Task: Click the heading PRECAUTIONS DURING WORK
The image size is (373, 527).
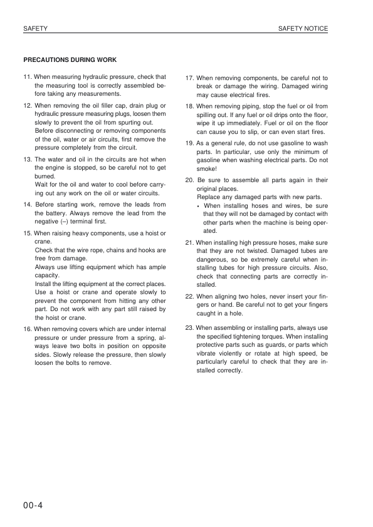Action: tap(70, 60)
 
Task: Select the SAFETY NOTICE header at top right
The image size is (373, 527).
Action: tap(303, 29)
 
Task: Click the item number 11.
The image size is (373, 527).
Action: tap(28, 77)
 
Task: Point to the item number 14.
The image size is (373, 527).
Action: tap(28, 205)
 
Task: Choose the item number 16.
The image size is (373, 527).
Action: tap(28, 329)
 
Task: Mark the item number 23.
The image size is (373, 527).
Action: tap(191, 327)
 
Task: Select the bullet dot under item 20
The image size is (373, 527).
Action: tap(198, 205)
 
